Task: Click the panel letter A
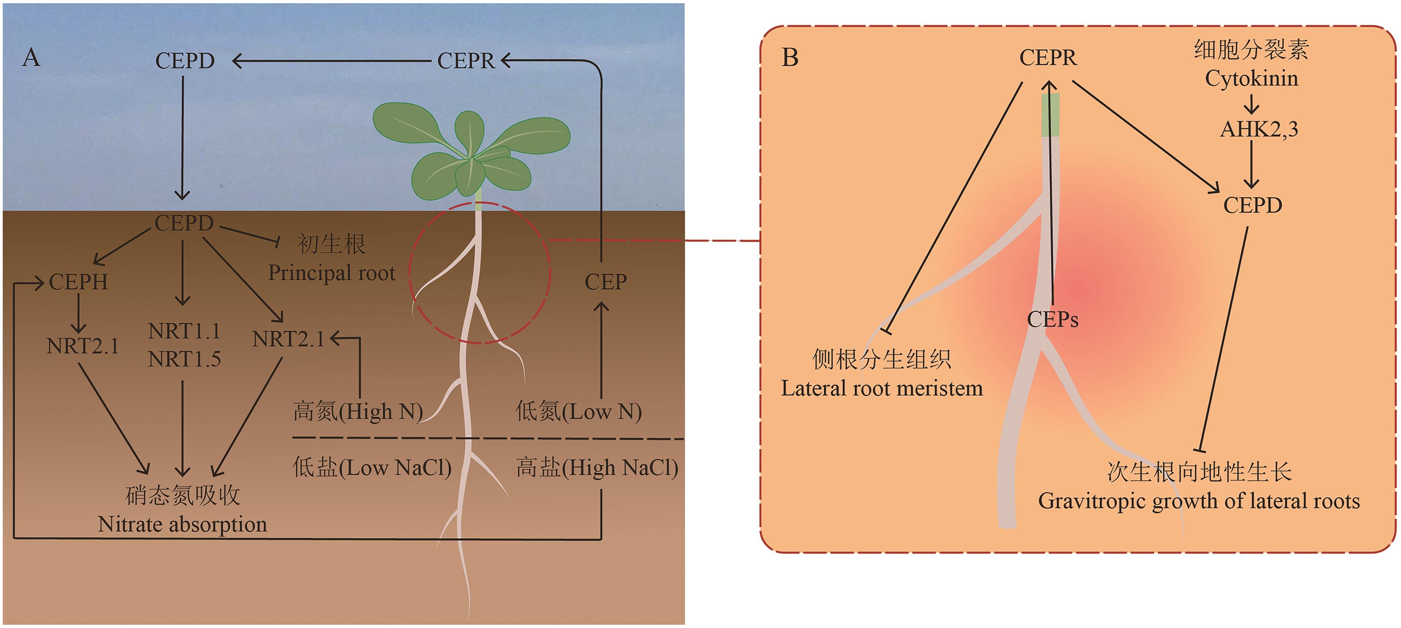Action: (x=31, y=58)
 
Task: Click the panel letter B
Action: (x=790, y=58)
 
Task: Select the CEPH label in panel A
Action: (x=78, y=282)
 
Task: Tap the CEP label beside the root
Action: (x=606, y=282)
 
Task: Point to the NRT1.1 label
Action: (x=184, y=331)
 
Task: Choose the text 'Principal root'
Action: (x=331, y=273)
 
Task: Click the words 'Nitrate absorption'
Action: (x=182, y=524)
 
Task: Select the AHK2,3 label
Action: (x=1258, y=129)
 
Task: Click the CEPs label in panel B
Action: (x=1052, y=320)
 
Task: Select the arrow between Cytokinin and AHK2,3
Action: (x=1251, y=104)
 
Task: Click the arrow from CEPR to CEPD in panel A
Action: (x=332, y=61)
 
